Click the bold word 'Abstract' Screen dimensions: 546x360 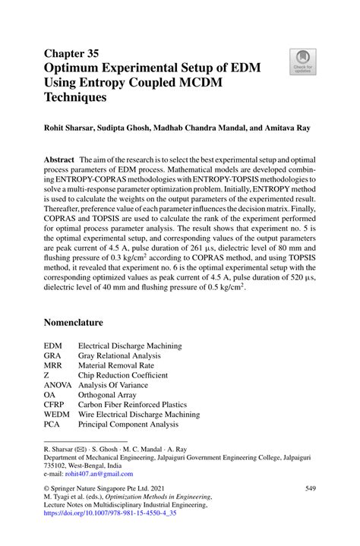pyautogui.click(x=58, y=162)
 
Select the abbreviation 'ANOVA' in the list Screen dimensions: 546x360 pyautogui.click(x=58, y=385)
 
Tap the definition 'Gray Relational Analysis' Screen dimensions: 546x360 pyautogui.click(x=119, y=355)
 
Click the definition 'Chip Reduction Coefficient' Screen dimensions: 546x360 pyautogui.click(x=123, y=375)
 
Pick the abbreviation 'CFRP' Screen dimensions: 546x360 pyautogui.click(x=55, y=405)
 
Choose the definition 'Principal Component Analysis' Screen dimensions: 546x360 pyautogui.click(x=128, y=424)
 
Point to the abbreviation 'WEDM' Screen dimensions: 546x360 pyautogui.click(x=57, y=415)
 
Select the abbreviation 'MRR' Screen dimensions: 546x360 pyautogui.click(x=54, y=365)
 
